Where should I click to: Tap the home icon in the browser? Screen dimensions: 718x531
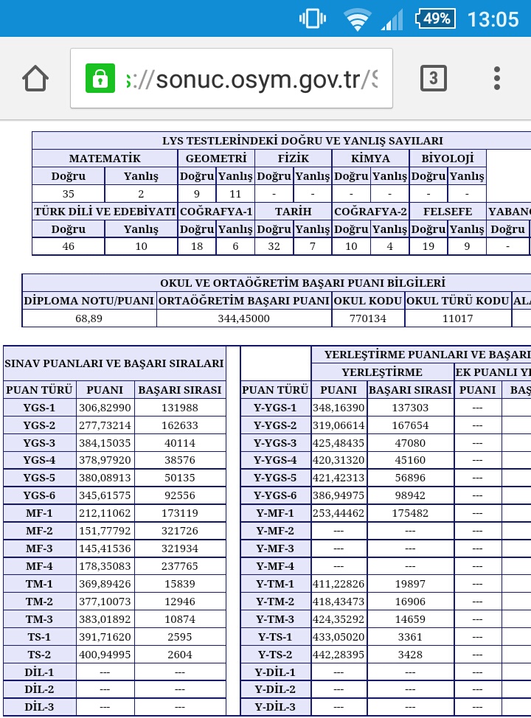click(35, 78)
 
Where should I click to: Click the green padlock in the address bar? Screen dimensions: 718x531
click(100, 78)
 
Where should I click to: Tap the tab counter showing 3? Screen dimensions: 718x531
click(434, 78)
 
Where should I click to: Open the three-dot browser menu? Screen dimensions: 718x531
click(497, 78)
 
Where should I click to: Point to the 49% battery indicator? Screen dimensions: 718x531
click(435, 18)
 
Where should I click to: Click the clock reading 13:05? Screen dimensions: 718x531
click(493, 18)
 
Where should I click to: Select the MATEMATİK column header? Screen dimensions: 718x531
click(105, 158)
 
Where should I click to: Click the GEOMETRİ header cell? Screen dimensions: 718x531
click(216, 158)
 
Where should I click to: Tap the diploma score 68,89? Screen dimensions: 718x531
click(88, 318)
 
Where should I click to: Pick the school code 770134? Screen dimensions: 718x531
click(368, 318)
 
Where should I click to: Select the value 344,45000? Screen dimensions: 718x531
click(244, 318)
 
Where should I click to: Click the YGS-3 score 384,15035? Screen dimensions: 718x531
click(105, 443)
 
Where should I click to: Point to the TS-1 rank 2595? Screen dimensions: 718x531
click(180, 637)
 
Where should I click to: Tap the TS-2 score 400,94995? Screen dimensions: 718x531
click(105, 655)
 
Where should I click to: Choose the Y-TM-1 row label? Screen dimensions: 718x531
click(275, 584)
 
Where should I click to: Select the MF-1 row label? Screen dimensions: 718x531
click(39, 513)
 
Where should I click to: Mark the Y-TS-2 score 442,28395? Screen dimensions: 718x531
click(339, 655)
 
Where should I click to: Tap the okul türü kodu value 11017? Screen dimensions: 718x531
click(458, 318)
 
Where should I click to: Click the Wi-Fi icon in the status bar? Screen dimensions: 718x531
click(358, 20)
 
